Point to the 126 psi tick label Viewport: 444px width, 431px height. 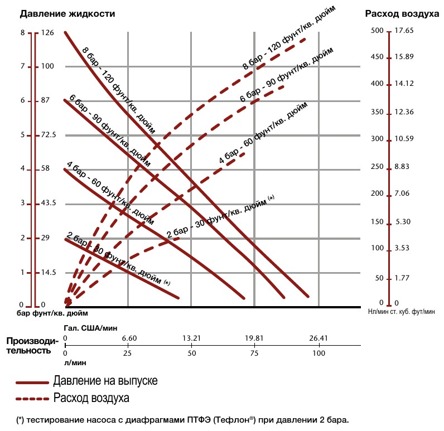click(x=48, y=33)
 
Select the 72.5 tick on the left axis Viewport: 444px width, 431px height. click(x=49, y=135)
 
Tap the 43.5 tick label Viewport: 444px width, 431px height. click(x=49, y=204)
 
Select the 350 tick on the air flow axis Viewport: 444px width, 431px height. click(x=378, y=112)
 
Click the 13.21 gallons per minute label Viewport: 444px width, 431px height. click(x=191, y=338)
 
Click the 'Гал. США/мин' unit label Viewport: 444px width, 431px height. click(x=91, y=327)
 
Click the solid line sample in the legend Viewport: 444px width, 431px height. click(x=32, y=383)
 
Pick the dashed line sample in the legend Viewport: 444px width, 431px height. click(x=32, y=399)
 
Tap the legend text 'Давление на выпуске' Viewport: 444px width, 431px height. click(x=105, y=382)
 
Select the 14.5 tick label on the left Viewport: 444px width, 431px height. click(x=49, y=272)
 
